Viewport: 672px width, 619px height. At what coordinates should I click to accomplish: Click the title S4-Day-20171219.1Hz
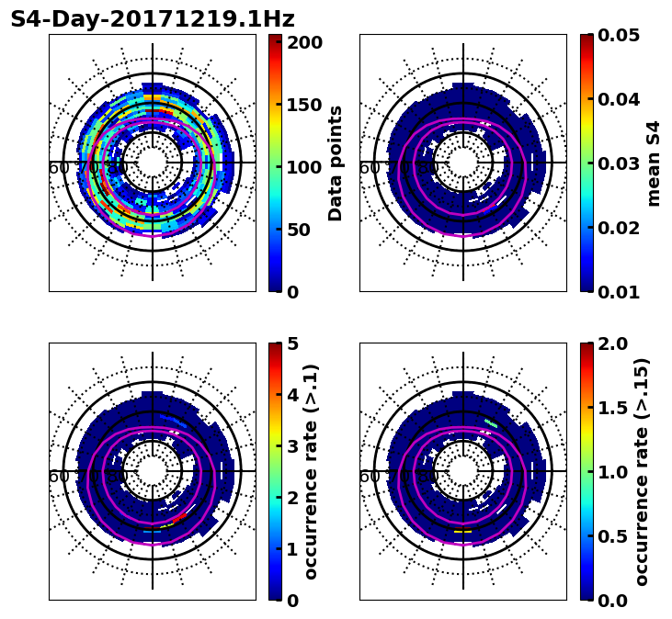tap(153, 19)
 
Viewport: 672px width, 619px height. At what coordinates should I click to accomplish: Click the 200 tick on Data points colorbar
tap(303, 42)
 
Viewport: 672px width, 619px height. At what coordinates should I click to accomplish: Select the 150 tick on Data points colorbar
tap(303, 105)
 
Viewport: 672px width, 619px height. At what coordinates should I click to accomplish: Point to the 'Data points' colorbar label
tap(336, 163)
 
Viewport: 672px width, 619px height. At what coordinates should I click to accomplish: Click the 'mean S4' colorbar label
tap(654, 163)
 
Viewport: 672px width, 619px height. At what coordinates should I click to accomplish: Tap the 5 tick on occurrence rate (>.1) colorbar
tap(293, 343)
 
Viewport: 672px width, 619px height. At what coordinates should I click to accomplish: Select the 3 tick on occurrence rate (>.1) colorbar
tap(293, 446)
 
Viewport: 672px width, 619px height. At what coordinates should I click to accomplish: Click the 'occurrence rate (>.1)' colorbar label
tap(312, 471)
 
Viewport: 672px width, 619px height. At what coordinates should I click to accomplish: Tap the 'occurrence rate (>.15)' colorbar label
tap(642, 471)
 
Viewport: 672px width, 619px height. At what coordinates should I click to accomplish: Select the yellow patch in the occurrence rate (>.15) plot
tap(462, 531)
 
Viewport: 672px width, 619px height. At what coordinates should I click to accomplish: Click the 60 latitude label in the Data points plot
tap(58, 168)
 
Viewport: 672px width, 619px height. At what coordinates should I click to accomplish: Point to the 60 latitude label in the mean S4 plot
tap(369, 168)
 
